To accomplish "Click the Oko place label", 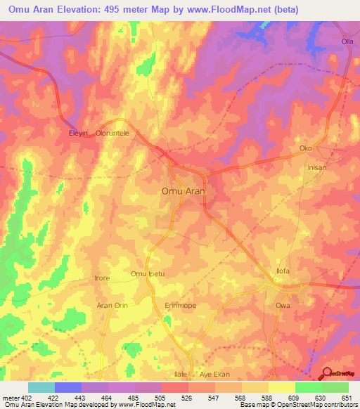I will [x=305, y=148].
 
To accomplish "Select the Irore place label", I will [x=102, y=278].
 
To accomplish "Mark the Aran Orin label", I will [x=112, y=306].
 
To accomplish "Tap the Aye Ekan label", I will [x=215, y=376].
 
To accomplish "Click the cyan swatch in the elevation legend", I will [x=41, y=387].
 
